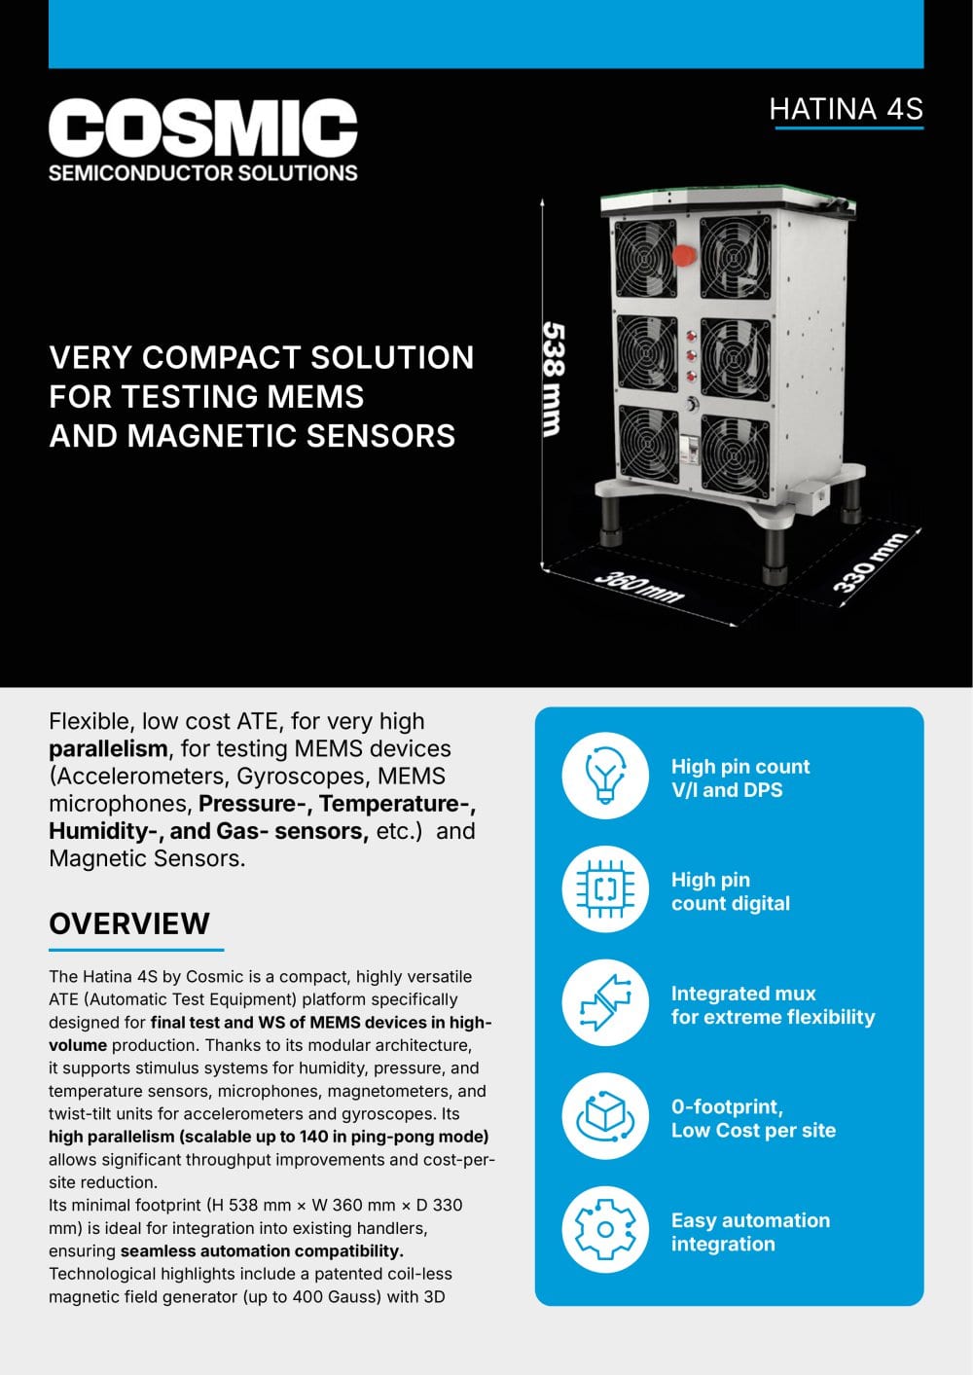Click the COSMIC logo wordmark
point(202,127)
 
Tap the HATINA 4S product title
point(846,109)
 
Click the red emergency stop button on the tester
point(684,255)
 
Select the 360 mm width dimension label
point(638,587)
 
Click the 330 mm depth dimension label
point(870,562)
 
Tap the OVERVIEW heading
point(128,923)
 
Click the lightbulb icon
point(605,776)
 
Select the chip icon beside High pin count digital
point(605,888)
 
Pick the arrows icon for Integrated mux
point(605,1002)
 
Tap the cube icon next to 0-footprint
point(605,1116)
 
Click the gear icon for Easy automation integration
point(605,1229)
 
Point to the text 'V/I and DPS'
point(727,790)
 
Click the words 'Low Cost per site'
point(753,1130)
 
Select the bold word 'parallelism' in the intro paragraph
point(108,749)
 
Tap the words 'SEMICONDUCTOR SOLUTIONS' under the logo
point(202,173)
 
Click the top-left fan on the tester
point(644,259)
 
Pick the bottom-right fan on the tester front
point(735,455)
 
